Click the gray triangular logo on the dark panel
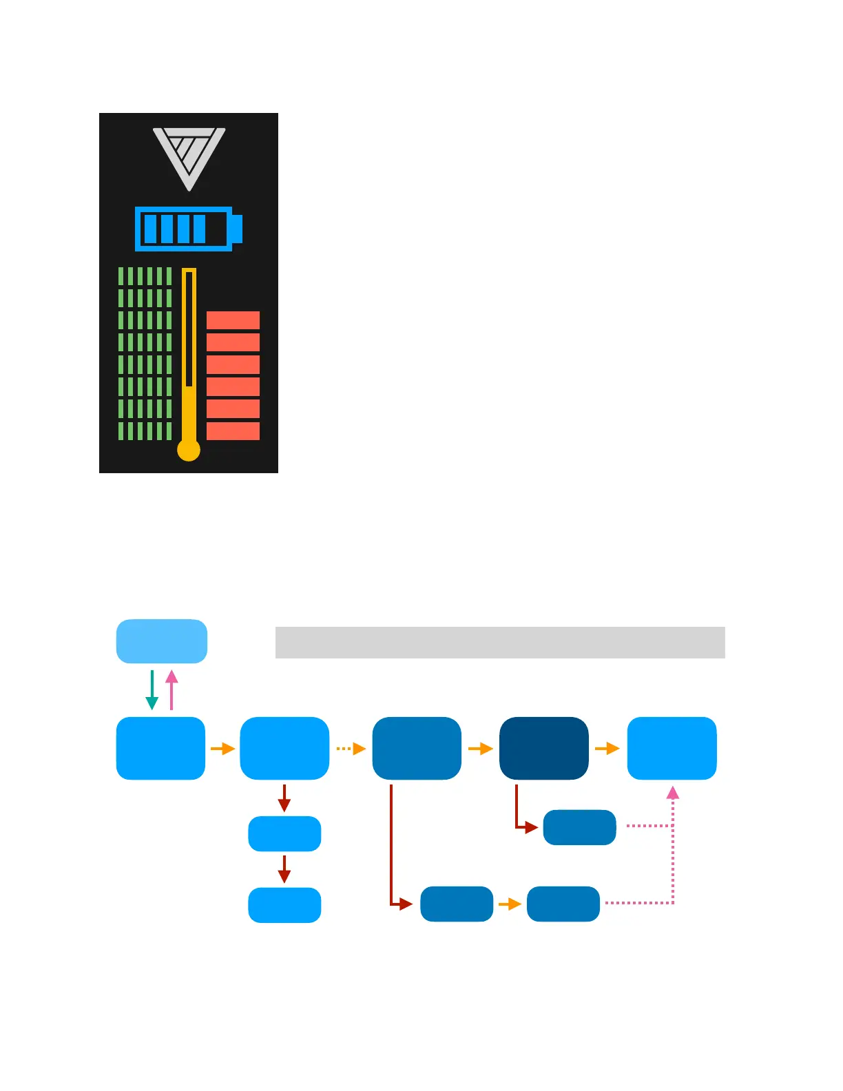tap(189, 156)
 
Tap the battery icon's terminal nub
tap(238, 229)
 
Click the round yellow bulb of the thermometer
tap(189, 450)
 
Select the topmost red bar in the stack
tap(233, 320)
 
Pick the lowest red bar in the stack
tap(233, 431)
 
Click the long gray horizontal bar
tap(500, 643)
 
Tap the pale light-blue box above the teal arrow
tap(162, 641)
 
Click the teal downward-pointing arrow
tap(152, 690)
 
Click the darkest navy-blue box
tap(544, 748)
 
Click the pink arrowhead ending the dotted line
tap(673, 793)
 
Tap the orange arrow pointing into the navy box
tap(480, 749)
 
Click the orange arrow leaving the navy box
tap(607, 749)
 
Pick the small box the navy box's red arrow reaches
tap(579, 827)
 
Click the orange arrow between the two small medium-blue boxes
tap(510, 904)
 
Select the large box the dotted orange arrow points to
tap(417, 748)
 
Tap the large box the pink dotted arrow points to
tap(672, 748)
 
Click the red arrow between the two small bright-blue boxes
tap(284, 869)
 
